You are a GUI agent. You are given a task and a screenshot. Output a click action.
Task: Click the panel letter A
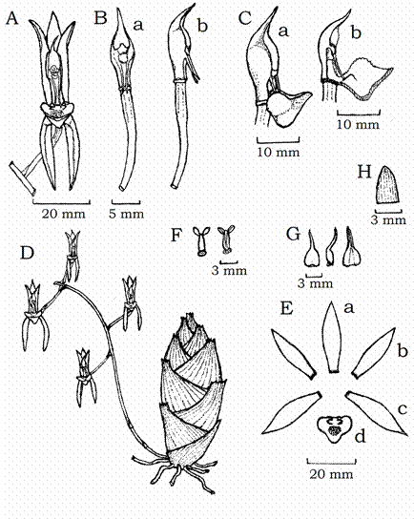pos(11,18)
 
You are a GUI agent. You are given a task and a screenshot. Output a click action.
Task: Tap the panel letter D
pos(27,253)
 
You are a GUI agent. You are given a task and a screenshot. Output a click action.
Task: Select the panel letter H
pos(364,172)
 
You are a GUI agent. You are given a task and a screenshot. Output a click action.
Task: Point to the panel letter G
pos(293,235)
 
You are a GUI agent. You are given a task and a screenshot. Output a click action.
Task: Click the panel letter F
pos(176,236)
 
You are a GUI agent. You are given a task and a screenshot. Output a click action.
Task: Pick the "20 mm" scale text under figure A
pos(63,214)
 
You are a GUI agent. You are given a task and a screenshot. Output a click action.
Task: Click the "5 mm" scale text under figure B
pos(126,214)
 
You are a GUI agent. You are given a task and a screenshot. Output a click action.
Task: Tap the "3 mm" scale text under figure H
pos(388,220)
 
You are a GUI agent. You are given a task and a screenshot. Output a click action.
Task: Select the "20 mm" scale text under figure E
pos(331,474)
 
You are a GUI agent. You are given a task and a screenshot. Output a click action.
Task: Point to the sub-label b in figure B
pos(202,26)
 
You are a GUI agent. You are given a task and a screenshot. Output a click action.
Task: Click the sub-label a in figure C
pos(283,31)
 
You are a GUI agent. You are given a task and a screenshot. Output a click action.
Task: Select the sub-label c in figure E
pos(403,409)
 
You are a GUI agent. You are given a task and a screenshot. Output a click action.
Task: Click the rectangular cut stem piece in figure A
pos(22,178)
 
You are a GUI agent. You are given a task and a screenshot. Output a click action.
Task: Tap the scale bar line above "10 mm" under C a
pos(279,141)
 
